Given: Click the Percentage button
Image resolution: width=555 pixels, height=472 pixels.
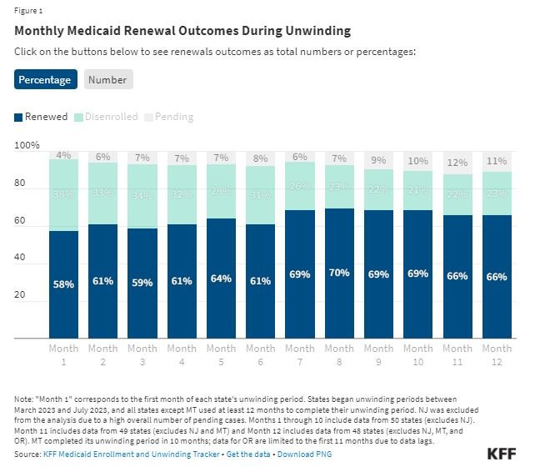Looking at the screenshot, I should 46,79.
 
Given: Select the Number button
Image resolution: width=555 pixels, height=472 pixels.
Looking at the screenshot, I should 108,79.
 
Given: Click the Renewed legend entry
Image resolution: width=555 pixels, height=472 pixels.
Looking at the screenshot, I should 42,117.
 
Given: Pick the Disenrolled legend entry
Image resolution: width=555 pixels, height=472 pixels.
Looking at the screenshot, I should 107,117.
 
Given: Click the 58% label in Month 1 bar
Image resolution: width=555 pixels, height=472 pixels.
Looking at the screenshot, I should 63,284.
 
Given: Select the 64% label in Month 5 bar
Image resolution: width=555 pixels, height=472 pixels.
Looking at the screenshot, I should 221,279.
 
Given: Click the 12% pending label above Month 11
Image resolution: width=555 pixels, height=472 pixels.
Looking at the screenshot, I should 457,163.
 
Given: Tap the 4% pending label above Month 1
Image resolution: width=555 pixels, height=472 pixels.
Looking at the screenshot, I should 63,155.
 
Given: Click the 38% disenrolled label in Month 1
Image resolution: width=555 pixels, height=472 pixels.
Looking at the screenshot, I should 63,195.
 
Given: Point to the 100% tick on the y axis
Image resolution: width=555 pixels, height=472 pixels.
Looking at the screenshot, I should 27,146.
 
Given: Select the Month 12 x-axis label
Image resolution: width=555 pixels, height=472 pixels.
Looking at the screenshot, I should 497,354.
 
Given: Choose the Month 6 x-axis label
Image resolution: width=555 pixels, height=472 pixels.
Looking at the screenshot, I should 260,354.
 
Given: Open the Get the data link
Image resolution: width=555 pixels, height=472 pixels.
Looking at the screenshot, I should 248,454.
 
